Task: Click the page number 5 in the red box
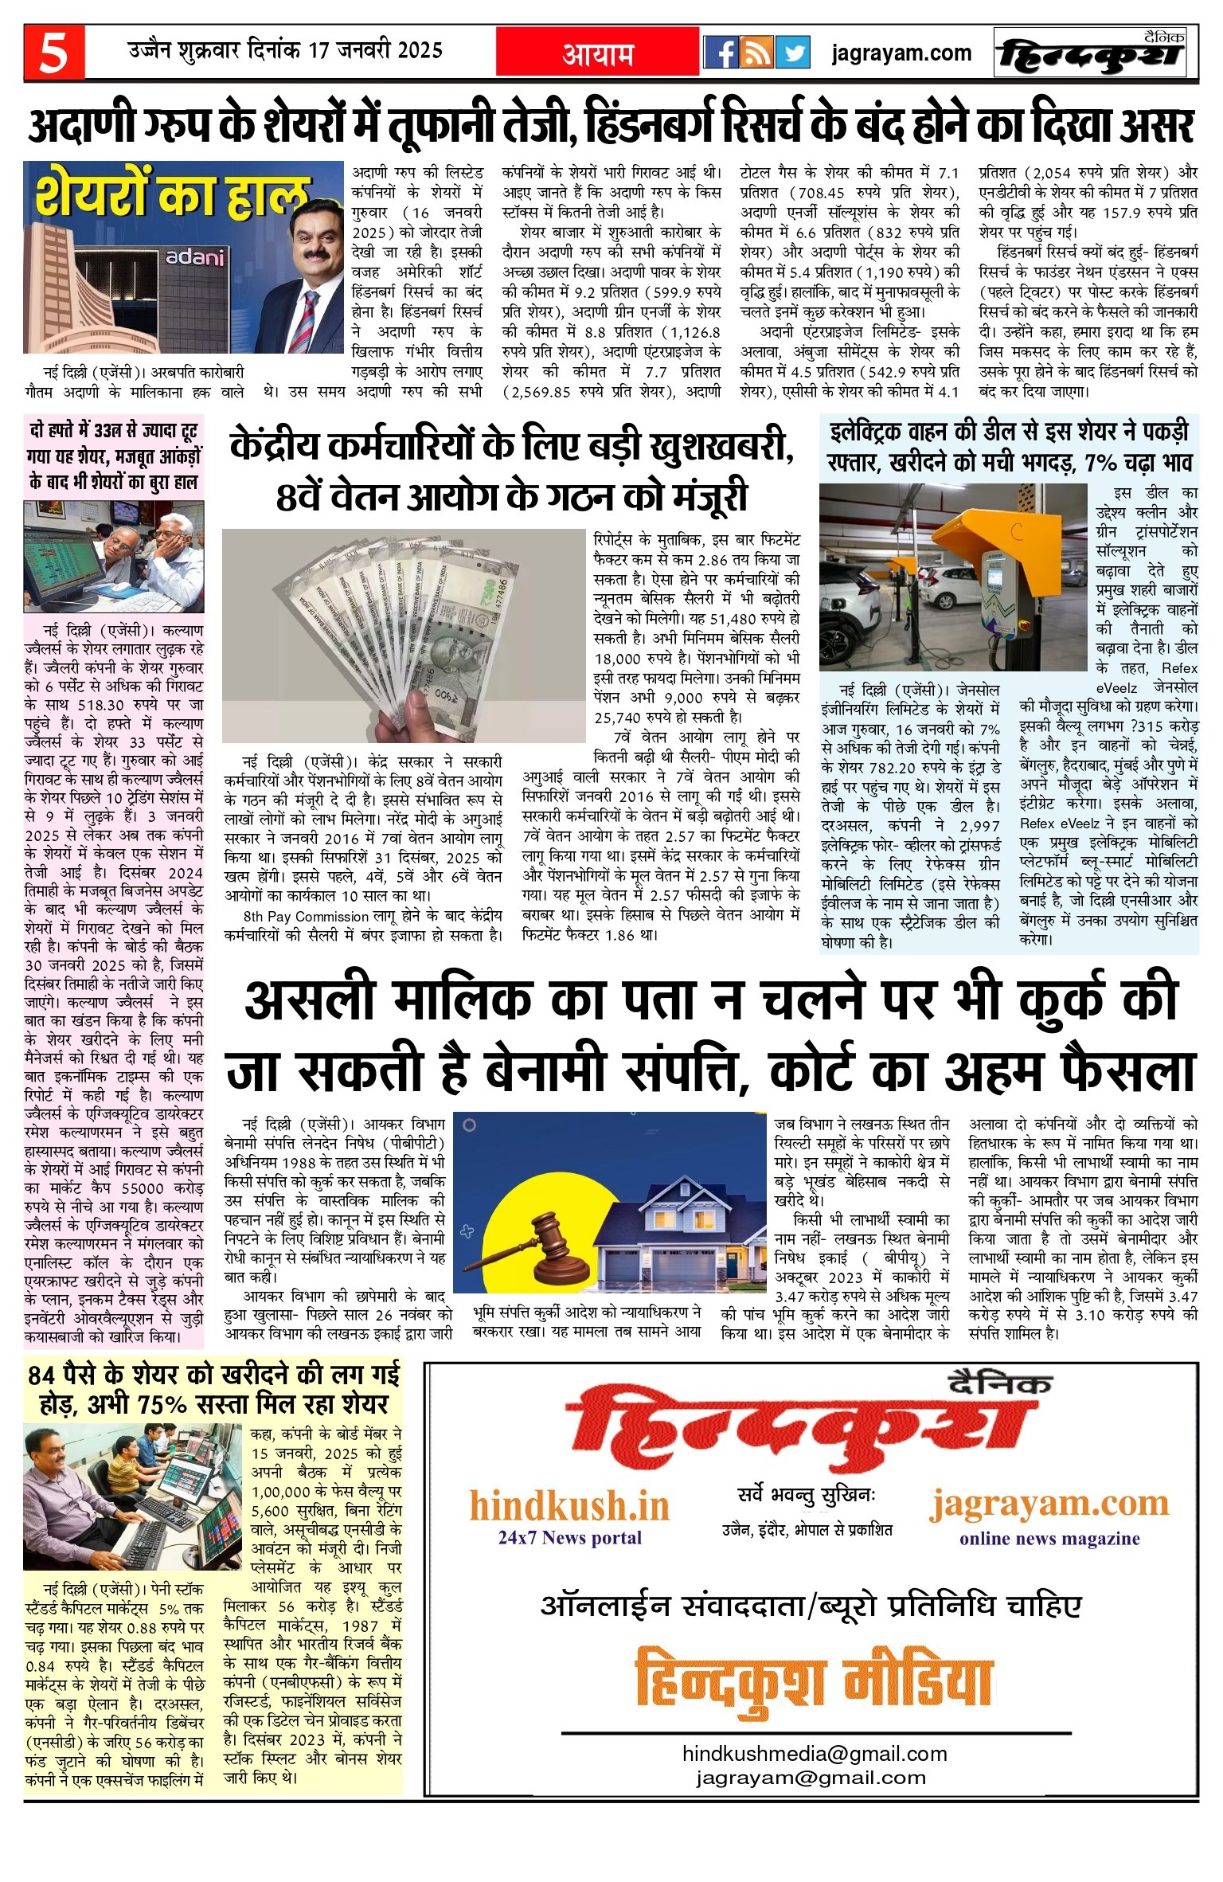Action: (53, 54)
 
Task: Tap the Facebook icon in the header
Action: (721, 53)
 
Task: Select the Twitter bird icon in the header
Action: (793, 53)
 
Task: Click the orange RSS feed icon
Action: (757, 53)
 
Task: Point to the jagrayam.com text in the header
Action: (901, 53)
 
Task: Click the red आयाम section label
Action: (598, 54)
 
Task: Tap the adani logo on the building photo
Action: (195, 258)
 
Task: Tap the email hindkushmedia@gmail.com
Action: (815, 1753)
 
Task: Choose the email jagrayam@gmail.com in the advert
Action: (811, 1777)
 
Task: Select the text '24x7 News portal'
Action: (569, 1536)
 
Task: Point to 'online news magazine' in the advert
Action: (1049, 1538)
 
